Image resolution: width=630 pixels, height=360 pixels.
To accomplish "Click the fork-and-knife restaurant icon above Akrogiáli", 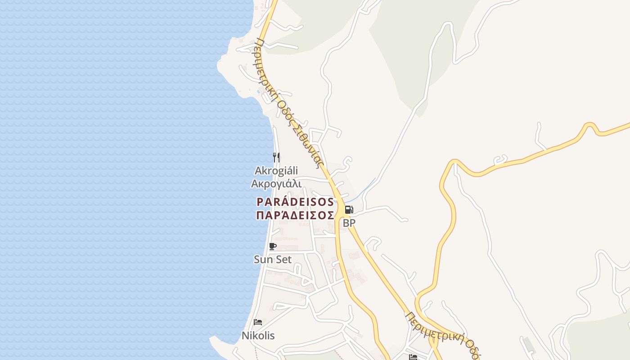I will pos(276,157).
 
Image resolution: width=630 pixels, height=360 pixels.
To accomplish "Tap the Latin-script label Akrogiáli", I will pos(276,171).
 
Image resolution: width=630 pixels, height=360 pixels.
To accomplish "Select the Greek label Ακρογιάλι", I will pos(276,183).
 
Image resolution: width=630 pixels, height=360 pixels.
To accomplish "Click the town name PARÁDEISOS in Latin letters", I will pos(295,202).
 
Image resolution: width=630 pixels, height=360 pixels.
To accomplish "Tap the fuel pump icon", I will pos(349,209).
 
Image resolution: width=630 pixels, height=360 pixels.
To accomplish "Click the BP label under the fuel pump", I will pos(349,223).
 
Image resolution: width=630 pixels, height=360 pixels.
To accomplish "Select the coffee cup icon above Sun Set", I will pos(272,246).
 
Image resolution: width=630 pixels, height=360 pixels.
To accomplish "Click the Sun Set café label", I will pos(272,259).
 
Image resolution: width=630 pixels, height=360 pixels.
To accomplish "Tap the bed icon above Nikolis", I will pos(258,322).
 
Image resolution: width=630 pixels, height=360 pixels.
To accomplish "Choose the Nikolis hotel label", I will pos(258,336).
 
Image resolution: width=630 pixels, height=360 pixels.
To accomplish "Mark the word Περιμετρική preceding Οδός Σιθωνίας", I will pos(265,67).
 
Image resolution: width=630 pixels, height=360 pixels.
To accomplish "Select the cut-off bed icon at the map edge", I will pos(413,357).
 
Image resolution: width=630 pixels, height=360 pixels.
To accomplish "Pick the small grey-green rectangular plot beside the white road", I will pos(529,345).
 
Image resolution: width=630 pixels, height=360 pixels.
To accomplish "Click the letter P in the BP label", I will pos(352,223).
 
